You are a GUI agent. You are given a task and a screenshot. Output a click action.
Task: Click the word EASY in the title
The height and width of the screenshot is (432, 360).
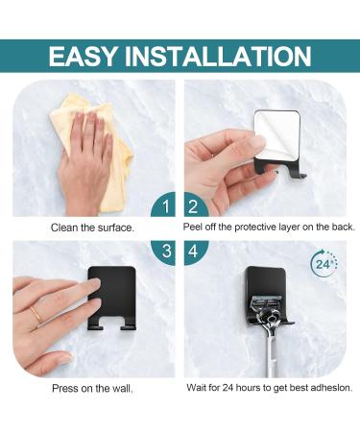(92, 55)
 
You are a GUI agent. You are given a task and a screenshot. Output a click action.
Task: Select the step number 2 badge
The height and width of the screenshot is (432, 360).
(192, 205)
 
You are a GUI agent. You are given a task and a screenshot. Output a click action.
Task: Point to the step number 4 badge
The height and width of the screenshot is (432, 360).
(192, 252)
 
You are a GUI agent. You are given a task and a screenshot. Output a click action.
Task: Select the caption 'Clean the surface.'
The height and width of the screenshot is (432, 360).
(92, 228)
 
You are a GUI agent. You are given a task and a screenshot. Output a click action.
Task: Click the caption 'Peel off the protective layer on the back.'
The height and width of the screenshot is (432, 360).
(269, 228)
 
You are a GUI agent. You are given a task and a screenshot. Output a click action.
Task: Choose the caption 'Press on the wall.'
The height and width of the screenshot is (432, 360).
(92, 389)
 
